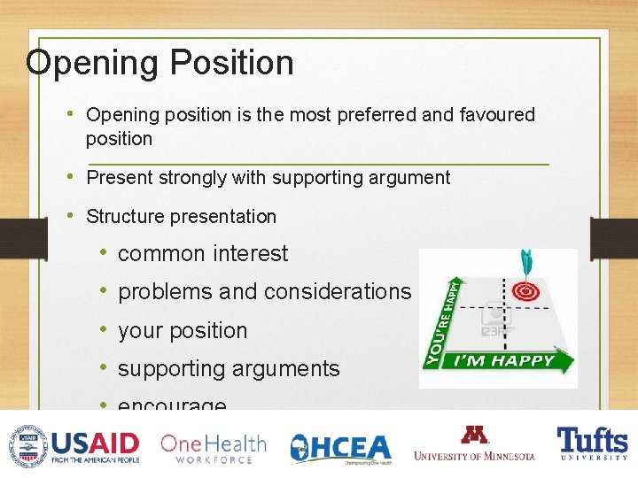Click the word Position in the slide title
click(231, 63)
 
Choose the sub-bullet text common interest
click(203, 254)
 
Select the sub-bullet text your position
click(183, 331)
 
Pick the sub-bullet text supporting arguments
click(229, 369)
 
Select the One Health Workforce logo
click(213, 448)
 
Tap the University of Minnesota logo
click(474, 444)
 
